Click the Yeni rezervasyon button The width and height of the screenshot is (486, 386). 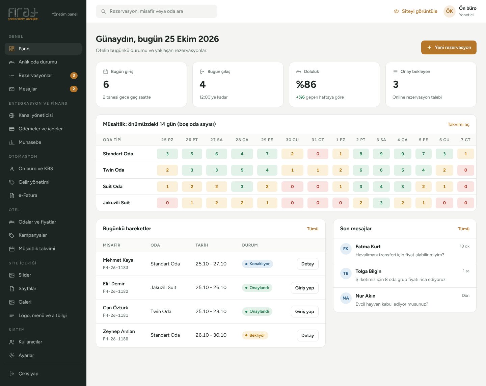[449, 48]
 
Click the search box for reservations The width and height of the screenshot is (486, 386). [157, 11]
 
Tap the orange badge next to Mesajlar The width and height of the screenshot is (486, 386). [74, 89]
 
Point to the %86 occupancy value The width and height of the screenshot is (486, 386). [306, 84]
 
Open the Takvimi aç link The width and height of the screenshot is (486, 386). [458, 125]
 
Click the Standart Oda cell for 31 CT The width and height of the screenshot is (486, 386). [318, 154]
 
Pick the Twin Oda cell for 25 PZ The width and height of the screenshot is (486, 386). [167, 170]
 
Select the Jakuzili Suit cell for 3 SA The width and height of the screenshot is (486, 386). [381, 203]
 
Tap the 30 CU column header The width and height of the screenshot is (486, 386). [292, 140]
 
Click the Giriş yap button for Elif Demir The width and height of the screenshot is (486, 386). [305, 288]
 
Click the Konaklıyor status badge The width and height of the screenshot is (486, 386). [258, 264]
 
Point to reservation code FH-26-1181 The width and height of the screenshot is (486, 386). [115, 315]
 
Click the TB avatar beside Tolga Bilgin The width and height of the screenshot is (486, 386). [346, 274]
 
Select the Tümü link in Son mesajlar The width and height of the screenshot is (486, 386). [464, 229]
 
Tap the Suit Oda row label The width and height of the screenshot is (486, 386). [113, 186]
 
